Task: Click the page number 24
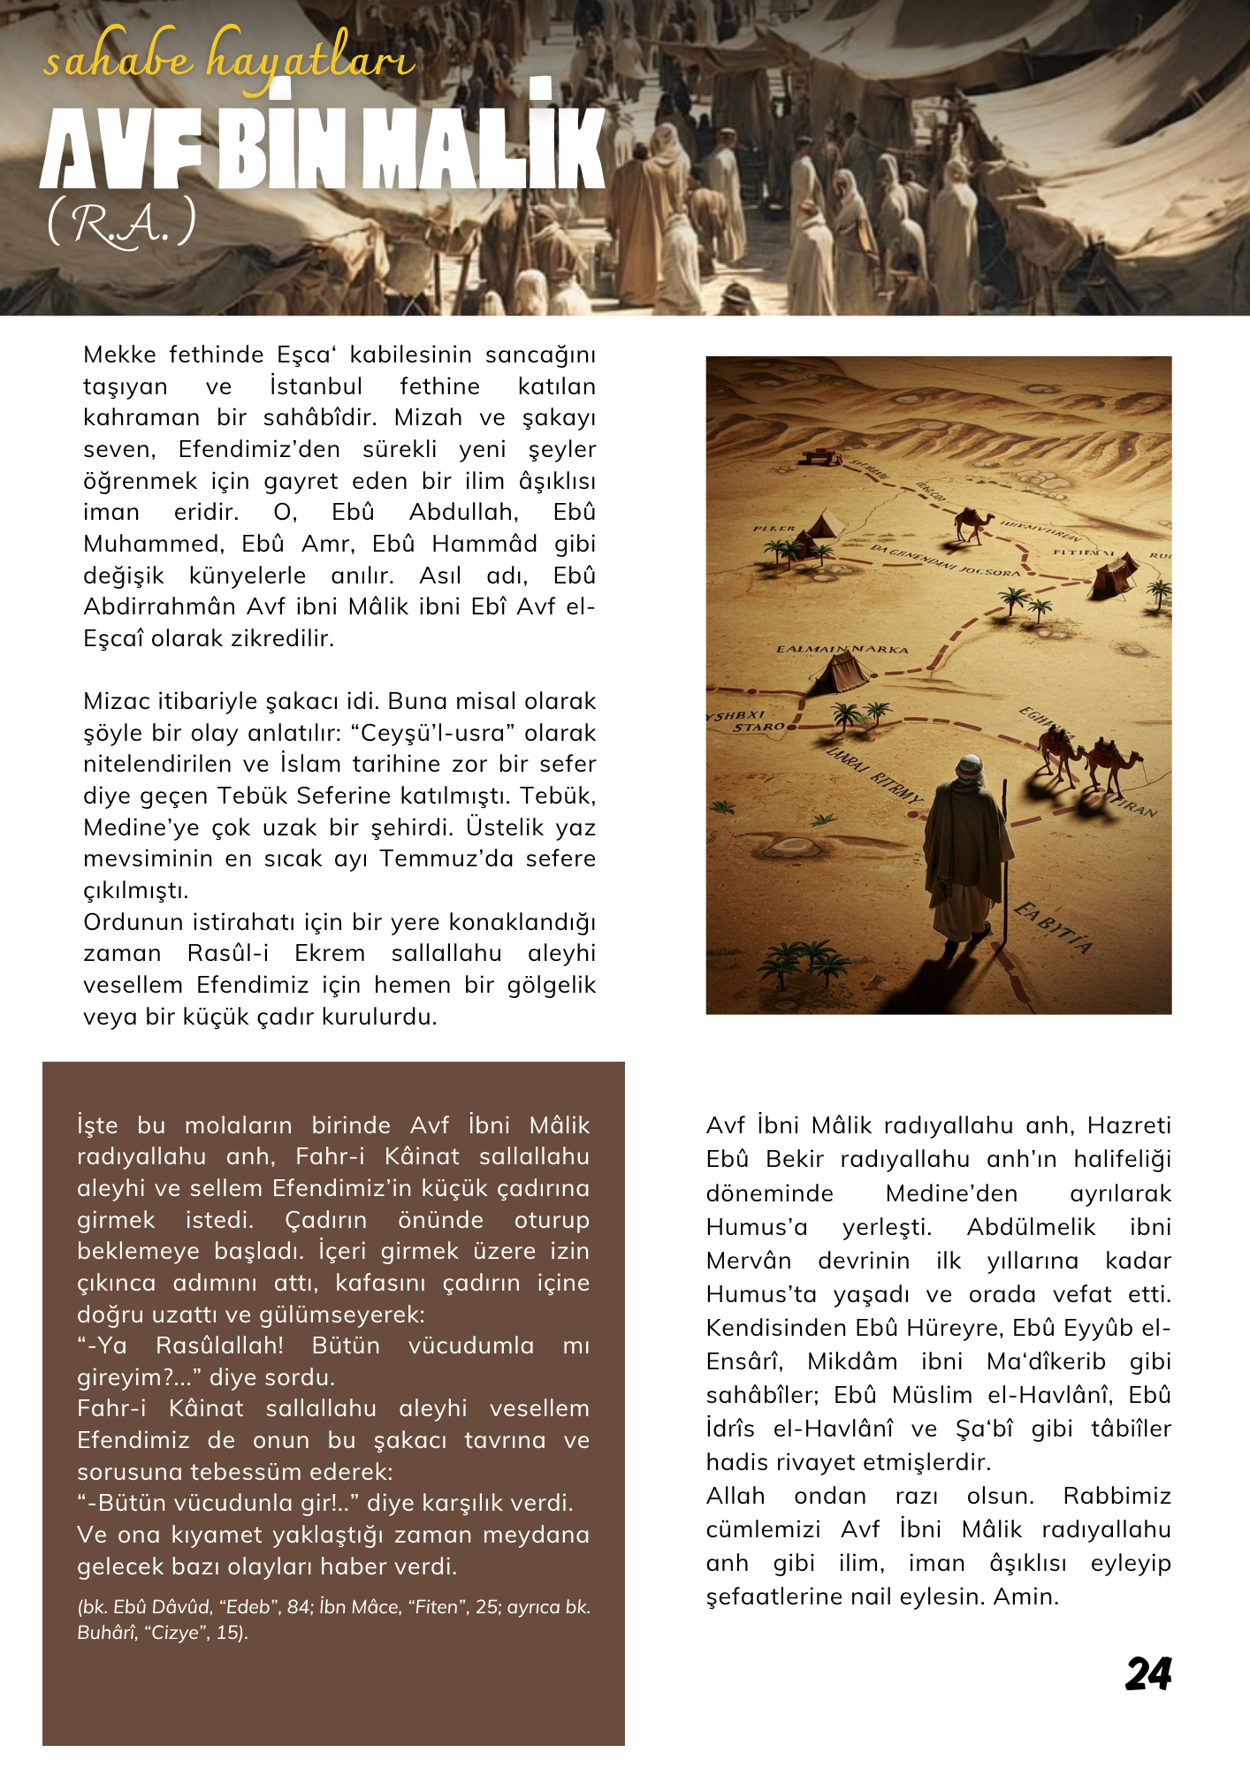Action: click(1147, 1673)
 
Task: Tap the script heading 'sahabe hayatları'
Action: click(228, 60)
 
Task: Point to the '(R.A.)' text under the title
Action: click(121, 224)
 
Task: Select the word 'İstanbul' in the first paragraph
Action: click(316, 386)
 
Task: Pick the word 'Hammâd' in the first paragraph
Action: click(484, 544)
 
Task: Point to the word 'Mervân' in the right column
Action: click(748, 1261)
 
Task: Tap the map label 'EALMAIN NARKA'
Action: click(842, 650)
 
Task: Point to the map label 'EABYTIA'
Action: click(1053, 927)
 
